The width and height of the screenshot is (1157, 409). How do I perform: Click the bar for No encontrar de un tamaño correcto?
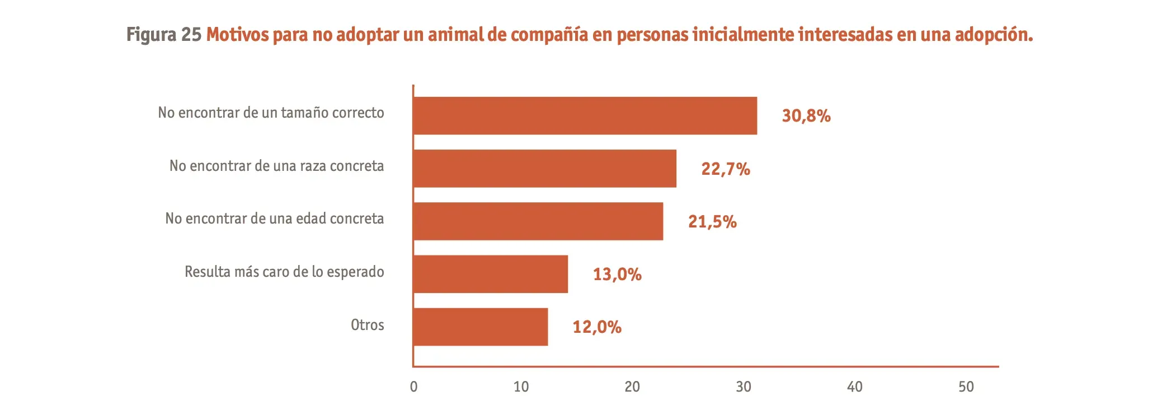585,115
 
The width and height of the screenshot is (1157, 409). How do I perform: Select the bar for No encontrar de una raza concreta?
544,168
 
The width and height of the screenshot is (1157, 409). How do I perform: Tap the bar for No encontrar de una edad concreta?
538,221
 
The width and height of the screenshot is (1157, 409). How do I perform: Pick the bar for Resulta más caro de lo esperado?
490,274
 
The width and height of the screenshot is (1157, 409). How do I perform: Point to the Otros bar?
480,327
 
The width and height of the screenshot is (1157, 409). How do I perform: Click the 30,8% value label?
806,116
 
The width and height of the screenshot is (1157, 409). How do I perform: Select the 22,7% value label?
725,169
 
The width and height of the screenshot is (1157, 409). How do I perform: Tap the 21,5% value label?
712,222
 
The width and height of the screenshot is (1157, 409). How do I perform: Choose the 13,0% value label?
617,275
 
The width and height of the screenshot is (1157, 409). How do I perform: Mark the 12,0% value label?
596,327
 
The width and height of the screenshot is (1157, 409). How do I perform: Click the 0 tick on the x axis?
413,387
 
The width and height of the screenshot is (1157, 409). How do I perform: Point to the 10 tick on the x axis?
521,387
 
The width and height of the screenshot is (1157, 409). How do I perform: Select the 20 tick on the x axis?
632,387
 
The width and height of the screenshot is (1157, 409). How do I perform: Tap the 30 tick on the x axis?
743,387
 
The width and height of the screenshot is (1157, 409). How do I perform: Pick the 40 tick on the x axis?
854,387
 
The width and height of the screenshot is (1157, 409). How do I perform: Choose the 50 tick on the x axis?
966,387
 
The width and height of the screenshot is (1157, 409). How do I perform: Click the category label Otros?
367,325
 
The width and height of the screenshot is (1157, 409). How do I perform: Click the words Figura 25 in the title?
163,35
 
